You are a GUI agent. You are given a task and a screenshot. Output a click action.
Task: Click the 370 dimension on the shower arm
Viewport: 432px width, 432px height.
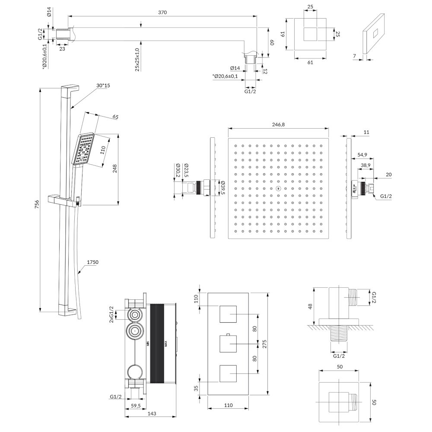point(162,13)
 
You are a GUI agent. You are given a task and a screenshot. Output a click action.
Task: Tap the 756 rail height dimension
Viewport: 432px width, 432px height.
point(37,204)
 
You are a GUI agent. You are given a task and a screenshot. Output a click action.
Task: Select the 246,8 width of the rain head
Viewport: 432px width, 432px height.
point(278,124)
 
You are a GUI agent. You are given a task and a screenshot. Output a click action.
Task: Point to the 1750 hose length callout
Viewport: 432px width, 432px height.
point(92,262)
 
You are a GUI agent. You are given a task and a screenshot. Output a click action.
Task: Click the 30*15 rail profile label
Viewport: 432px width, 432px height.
point(103,86)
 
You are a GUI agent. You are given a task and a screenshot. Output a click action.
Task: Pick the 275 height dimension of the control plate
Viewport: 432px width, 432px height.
point(264,344)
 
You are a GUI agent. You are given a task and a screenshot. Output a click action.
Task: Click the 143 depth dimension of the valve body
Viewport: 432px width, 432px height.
point(152,413)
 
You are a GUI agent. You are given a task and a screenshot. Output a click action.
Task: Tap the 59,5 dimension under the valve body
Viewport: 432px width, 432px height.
point(136,406)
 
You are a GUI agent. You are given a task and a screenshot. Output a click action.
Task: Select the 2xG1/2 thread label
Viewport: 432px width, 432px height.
point(111,314)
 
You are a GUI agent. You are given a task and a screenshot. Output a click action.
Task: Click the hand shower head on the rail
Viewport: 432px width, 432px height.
point(84,149)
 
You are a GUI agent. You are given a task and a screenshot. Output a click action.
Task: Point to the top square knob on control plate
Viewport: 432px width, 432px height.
point(228,314)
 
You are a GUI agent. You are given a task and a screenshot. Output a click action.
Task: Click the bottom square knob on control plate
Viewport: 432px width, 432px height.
point(228,374)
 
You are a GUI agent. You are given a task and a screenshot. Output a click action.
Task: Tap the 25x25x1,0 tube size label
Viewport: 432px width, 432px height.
point(137,60)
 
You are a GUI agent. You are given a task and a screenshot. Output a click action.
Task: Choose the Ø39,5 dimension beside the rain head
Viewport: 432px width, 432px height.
point(222,187)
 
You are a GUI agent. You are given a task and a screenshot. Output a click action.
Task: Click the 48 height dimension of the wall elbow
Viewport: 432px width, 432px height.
point(310,306)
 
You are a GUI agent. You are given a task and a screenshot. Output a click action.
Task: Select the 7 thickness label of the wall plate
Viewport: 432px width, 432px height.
point(355,56)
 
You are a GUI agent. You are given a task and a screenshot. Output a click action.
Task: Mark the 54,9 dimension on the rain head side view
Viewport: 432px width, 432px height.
point(362,155)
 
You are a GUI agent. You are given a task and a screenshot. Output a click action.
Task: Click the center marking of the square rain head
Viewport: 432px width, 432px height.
point(278,189)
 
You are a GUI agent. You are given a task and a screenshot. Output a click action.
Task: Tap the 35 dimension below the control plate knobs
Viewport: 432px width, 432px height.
point(196,388)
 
